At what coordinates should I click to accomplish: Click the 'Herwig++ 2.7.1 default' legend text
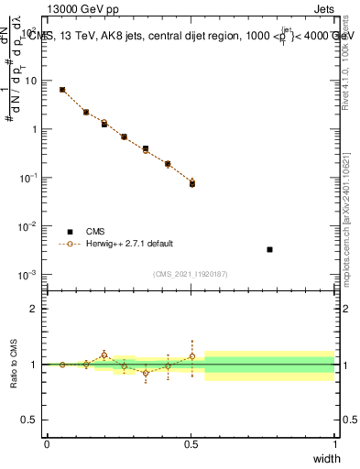(x=128, y=244)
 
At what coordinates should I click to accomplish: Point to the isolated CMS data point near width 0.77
(x=269, y=249)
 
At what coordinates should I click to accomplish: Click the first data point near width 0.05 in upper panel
(x=62, y=90)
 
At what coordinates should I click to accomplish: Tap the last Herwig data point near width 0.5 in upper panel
(x=192, y=182)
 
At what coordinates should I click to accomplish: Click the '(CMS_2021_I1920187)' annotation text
(x=191, y=273)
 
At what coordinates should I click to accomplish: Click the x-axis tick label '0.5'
(x=191, y=443)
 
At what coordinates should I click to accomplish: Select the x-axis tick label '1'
(x=334, y=443)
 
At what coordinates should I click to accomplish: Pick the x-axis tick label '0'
(x=48, y=443)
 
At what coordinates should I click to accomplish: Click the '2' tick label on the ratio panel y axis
(x=33, y=309)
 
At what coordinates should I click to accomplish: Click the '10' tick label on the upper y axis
(x=31, y=81)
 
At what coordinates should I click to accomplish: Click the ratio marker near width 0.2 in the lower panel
(x=104, y=354)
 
